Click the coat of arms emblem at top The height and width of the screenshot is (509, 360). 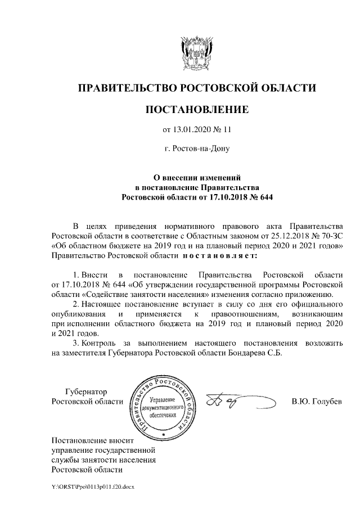(x=196, y=50)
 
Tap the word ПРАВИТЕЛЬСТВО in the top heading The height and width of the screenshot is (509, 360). (x=125, y=87)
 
